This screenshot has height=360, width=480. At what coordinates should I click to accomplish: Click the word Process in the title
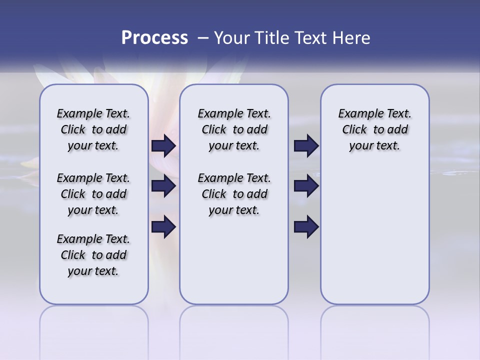154,37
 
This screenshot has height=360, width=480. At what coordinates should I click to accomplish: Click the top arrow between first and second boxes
163,146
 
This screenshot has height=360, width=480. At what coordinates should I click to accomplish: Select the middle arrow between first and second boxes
163,186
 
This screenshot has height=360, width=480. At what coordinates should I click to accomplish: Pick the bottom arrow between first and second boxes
163,227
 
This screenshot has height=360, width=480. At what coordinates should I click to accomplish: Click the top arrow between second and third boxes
306,146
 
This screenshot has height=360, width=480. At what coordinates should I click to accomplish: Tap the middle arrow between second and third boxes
306,186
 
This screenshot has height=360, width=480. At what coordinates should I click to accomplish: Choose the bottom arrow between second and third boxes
306,227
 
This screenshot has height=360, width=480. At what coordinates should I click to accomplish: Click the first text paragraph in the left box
93,129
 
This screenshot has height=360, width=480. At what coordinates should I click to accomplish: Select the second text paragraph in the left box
93,194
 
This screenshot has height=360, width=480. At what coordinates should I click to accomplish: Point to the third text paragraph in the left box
93,255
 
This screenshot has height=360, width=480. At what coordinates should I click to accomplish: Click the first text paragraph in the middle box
234,129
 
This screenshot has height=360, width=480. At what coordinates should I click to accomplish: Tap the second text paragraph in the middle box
234,194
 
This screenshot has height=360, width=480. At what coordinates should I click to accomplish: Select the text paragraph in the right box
374,129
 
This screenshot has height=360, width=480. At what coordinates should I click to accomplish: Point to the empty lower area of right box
374,235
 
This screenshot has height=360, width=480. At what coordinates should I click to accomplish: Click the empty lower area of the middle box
234,260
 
